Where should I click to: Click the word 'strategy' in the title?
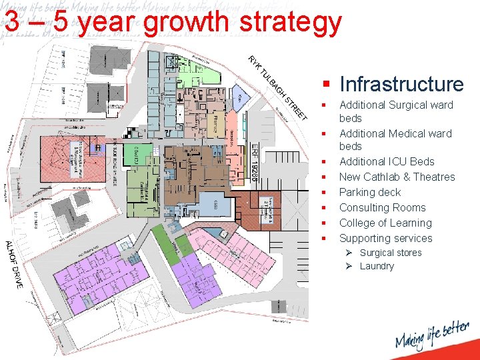[290, 22]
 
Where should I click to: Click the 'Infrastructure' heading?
[401, 84]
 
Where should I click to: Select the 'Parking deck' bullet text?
[370, 192]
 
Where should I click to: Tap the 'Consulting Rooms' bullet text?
[382, 207]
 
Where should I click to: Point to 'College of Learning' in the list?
[385, 223]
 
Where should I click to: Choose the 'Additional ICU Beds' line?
[387, 161]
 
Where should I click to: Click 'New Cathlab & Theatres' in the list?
[397, 177]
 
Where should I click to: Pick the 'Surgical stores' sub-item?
[391, 253]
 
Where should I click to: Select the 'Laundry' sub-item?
[377, 266]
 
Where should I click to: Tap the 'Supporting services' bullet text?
[385, 238]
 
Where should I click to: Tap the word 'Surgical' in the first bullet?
[408, 105]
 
